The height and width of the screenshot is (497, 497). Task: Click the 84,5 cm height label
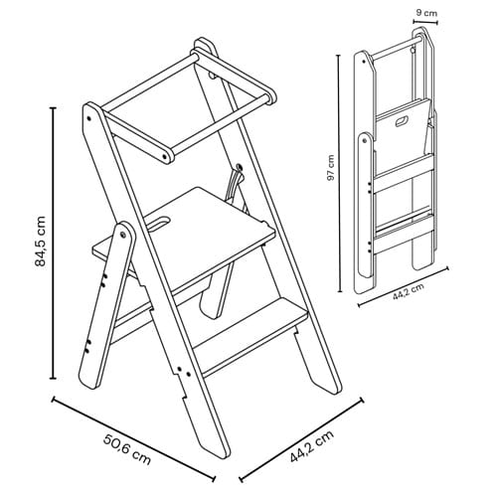coord(40,241)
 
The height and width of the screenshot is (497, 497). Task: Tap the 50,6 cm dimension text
coord(127,449)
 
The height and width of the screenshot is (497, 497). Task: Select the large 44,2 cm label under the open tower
coord(312,445)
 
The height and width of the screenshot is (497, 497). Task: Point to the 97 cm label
coord(331,168)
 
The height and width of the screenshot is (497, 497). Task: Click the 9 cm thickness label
coord(426,13)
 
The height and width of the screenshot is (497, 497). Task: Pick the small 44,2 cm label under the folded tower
coord(409,291)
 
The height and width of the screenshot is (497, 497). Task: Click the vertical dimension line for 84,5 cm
coord(53,243)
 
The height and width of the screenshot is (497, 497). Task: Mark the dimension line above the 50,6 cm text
coord(133,438)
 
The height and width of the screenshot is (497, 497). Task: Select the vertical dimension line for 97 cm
coord(339,173)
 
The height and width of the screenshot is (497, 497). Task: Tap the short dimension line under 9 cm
coord(425,22)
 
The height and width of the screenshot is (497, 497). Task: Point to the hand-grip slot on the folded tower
coord(403,121)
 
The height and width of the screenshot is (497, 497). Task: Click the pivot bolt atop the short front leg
coord(123,235)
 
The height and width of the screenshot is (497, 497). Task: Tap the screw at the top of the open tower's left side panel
coord(89,118)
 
